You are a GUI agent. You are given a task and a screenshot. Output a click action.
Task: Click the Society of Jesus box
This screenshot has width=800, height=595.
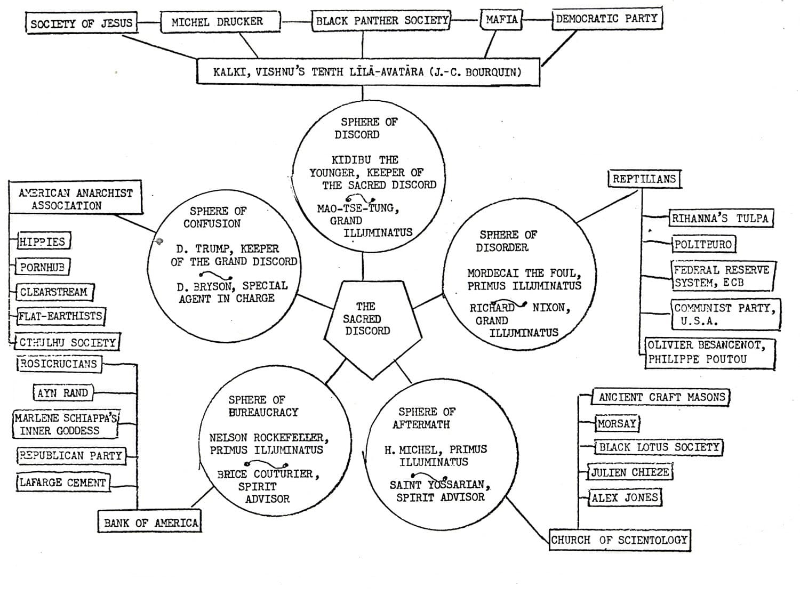(82, 23)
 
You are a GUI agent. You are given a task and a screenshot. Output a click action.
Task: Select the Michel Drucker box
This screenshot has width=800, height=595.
(220, 22)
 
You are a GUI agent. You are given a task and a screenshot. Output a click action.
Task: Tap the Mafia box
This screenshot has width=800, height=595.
(501, 20)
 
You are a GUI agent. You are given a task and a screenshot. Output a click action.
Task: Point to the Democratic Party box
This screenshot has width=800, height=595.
(607, 18)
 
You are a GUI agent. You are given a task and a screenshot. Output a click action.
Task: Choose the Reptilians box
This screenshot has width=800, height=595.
(645, 179)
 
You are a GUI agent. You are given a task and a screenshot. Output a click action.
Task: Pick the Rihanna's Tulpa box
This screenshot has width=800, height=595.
(721, 218)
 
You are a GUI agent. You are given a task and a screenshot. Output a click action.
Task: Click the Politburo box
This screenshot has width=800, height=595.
(703, 245)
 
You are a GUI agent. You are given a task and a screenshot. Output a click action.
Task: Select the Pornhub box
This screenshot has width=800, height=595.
(43, 267)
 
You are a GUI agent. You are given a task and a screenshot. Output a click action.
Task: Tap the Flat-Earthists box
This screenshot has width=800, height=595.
(61, 316)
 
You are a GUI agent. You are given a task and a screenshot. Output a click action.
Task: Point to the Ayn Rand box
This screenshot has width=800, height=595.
(63, 393)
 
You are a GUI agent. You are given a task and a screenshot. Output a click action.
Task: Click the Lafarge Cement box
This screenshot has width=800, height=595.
(63, 483)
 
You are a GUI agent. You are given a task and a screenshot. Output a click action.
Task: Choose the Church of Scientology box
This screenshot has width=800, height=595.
(620, 540)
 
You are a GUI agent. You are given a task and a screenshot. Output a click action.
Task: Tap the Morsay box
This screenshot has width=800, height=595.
(617, 423)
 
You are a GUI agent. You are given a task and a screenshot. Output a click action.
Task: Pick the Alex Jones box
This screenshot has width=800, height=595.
(625, 498)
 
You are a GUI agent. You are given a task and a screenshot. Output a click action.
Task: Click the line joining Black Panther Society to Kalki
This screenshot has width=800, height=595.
(363, 45)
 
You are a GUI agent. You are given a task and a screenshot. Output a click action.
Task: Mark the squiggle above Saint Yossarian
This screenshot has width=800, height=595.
(429, 477)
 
